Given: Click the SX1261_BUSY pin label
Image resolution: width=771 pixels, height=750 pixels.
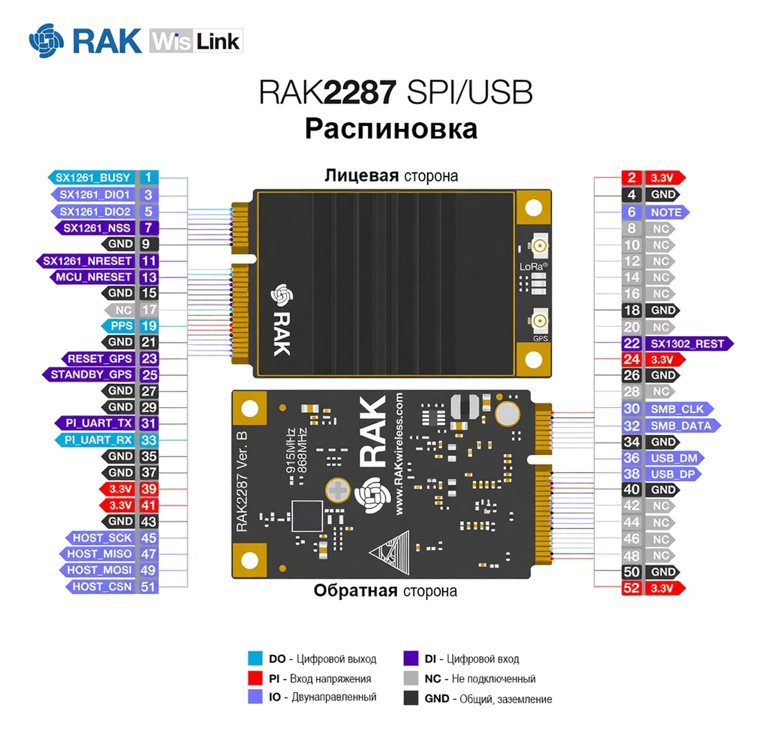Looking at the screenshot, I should (93, 178).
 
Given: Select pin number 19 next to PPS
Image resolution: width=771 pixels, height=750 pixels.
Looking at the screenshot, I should (149, 326).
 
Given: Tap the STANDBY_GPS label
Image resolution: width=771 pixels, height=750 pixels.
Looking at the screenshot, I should (91, 375).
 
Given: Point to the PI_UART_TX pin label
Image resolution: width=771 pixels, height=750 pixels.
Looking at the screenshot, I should (98, 423).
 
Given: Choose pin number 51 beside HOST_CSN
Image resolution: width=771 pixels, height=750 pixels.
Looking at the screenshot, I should (148, 587).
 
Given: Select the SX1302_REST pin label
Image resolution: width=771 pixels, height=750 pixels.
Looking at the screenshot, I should (687, 343).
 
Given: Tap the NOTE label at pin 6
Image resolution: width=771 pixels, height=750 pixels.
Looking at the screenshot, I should (666, 212).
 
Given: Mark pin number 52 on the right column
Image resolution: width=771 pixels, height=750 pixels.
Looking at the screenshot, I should (631, 588).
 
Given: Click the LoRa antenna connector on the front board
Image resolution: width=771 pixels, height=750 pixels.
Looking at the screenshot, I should (540, 245).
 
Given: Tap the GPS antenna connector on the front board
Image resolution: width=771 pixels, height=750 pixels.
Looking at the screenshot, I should (540, 319).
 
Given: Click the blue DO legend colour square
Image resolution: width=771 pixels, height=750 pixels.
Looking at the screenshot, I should (255, 658).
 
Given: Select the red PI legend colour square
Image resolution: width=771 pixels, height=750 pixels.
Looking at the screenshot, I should (255, 678).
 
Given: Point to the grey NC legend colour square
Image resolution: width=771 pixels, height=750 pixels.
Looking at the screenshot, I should (411, 678).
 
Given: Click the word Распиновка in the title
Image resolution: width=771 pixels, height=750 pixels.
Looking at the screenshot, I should (391, 129).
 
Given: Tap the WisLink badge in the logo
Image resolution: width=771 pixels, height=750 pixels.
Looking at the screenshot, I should (196, 41).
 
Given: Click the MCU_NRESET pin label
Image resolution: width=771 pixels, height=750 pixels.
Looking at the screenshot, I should (93, 277).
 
